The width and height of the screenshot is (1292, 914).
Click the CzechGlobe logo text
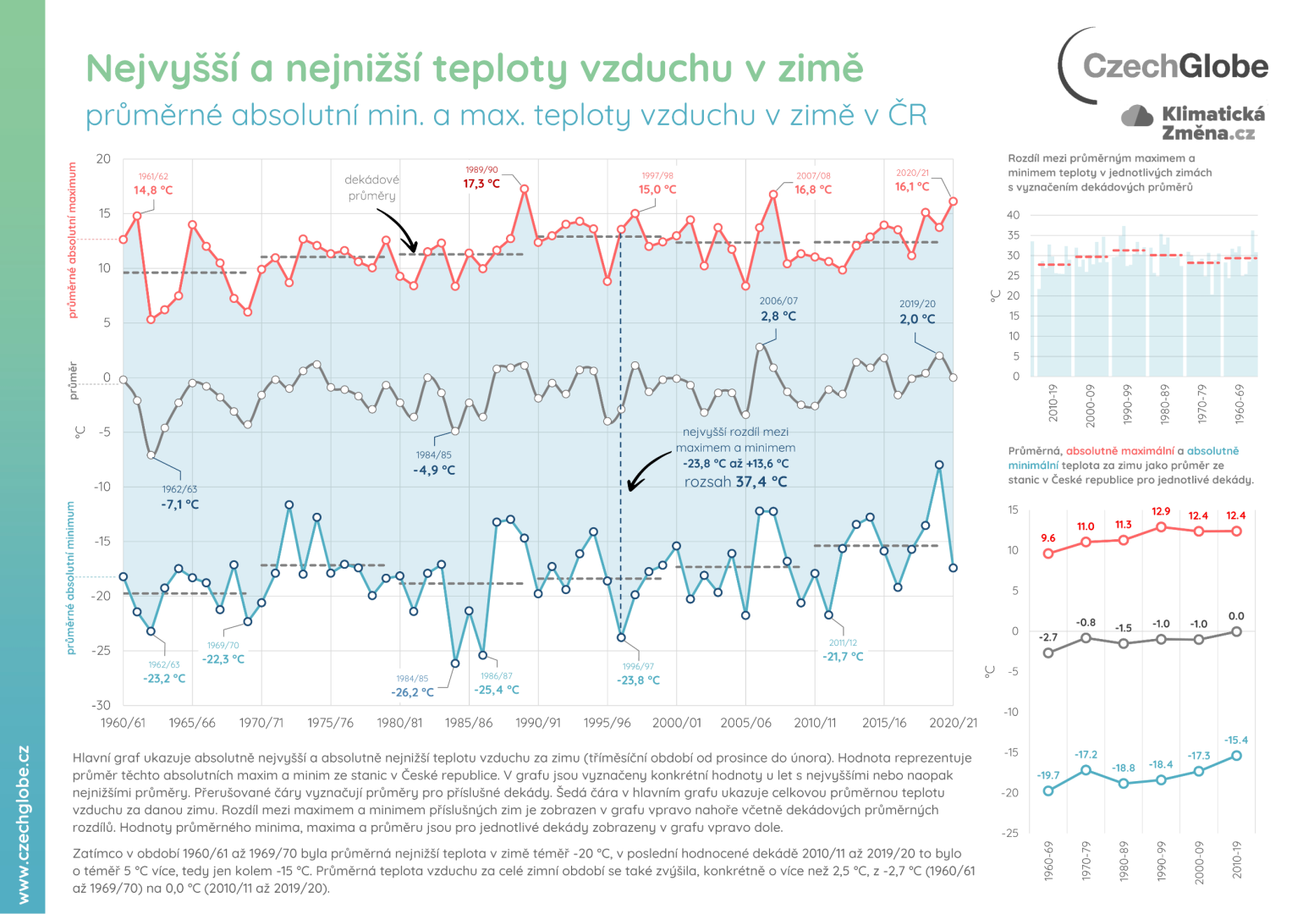tap(1174, 66)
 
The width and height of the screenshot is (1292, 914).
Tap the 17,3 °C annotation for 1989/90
tap(481, 184)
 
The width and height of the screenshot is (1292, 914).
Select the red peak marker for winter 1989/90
tap(525, 190)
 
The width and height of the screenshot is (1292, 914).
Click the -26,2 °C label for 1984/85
tap(412, 692)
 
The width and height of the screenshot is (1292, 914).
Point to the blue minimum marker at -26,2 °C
tap(455, 663)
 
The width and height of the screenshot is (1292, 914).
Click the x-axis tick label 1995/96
tap(607, 723)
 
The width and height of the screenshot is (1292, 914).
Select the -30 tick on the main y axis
tap(102, 705)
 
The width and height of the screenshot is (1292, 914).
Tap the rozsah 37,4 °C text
tap(735, 482)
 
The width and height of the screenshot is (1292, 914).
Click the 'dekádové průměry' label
tap(371, 187)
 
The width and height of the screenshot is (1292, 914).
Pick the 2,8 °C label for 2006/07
tap(778, 316)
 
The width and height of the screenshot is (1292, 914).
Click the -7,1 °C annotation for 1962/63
tap(179, 504)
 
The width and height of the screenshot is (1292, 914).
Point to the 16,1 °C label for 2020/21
tap(912, 186)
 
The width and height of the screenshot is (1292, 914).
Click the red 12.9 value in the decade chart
tap(1161, 511)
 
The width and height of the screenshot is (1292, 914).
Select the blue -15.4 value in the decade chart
tap(1236, 740)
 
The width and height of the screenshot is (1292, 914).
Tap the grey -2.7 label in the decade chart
tap(1048, 637)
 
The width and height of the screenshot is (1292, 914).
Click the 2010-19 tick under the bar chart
tap(1053, 403)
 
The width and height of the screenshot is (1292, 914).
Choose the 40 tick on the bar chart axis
tap(1013, 215)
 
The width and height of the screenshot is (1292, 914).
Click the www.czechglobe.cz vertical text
tap(23, 824)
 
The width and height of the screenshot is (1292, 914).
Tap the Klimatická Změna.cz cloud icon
tap(1137, 116)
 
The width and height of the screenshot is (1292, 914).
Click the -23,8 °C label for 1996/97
tap(638, 680)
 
